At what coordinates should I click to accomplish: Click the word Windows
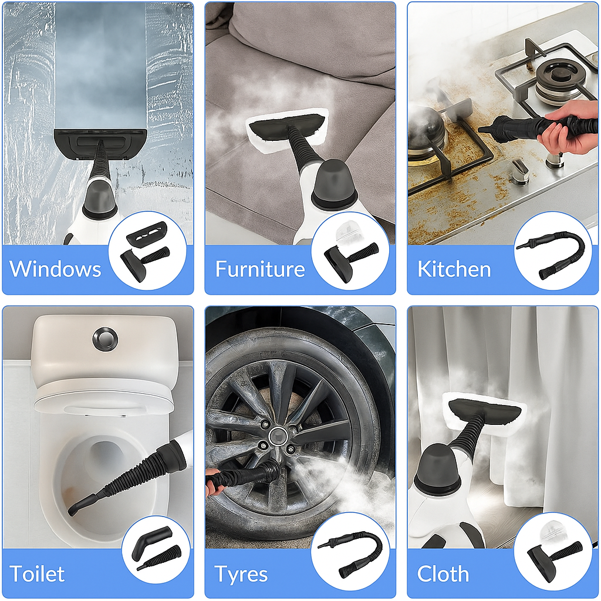coord(56,269)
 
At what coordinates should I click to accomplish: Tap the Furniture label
coord(260,269)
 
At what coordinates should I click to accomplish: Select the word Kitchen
coord(454,269)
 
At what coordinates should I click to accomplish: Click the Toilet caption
coord(37,573)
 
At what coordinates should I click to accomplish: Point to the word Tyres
coord(241,573)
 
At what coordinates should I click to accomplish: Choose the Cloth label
coord(443,573)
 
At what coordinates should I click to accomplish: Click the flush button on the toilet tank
coord(104,339)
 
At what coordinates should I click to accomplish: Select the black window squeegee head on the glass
coord(100,141)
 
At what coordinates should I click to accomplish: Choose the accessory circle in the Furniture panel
coord(350,251)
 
